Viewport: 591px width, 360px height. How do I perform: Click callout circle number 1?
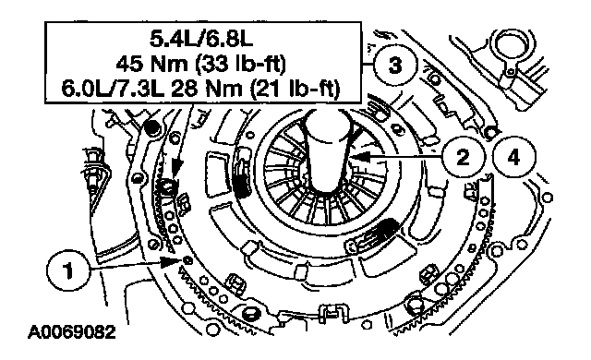click(x=68, y=270)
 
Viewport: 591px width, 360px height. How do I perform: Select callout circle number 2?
click(x=463, y=157)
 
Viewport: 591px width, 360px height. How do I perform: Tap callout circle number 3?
click(x=395, y=66)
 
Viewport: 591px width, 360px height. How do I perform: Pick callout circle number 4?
click(x=514, y=157)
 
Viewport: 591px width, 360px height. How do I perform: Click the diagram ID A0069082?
click(x=72, y=332)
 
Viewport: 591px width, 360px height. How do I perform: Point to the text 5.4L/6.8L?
click(x=201, y=39)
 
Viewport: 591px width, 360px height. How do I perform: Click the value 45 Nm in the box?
click(x=151, y=64)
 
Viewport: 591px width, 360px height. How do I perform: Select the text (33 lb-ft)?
click(x=240, y=64)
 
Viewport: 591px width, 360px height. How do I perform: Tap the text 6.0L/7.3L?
click(x=113, y=89)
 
